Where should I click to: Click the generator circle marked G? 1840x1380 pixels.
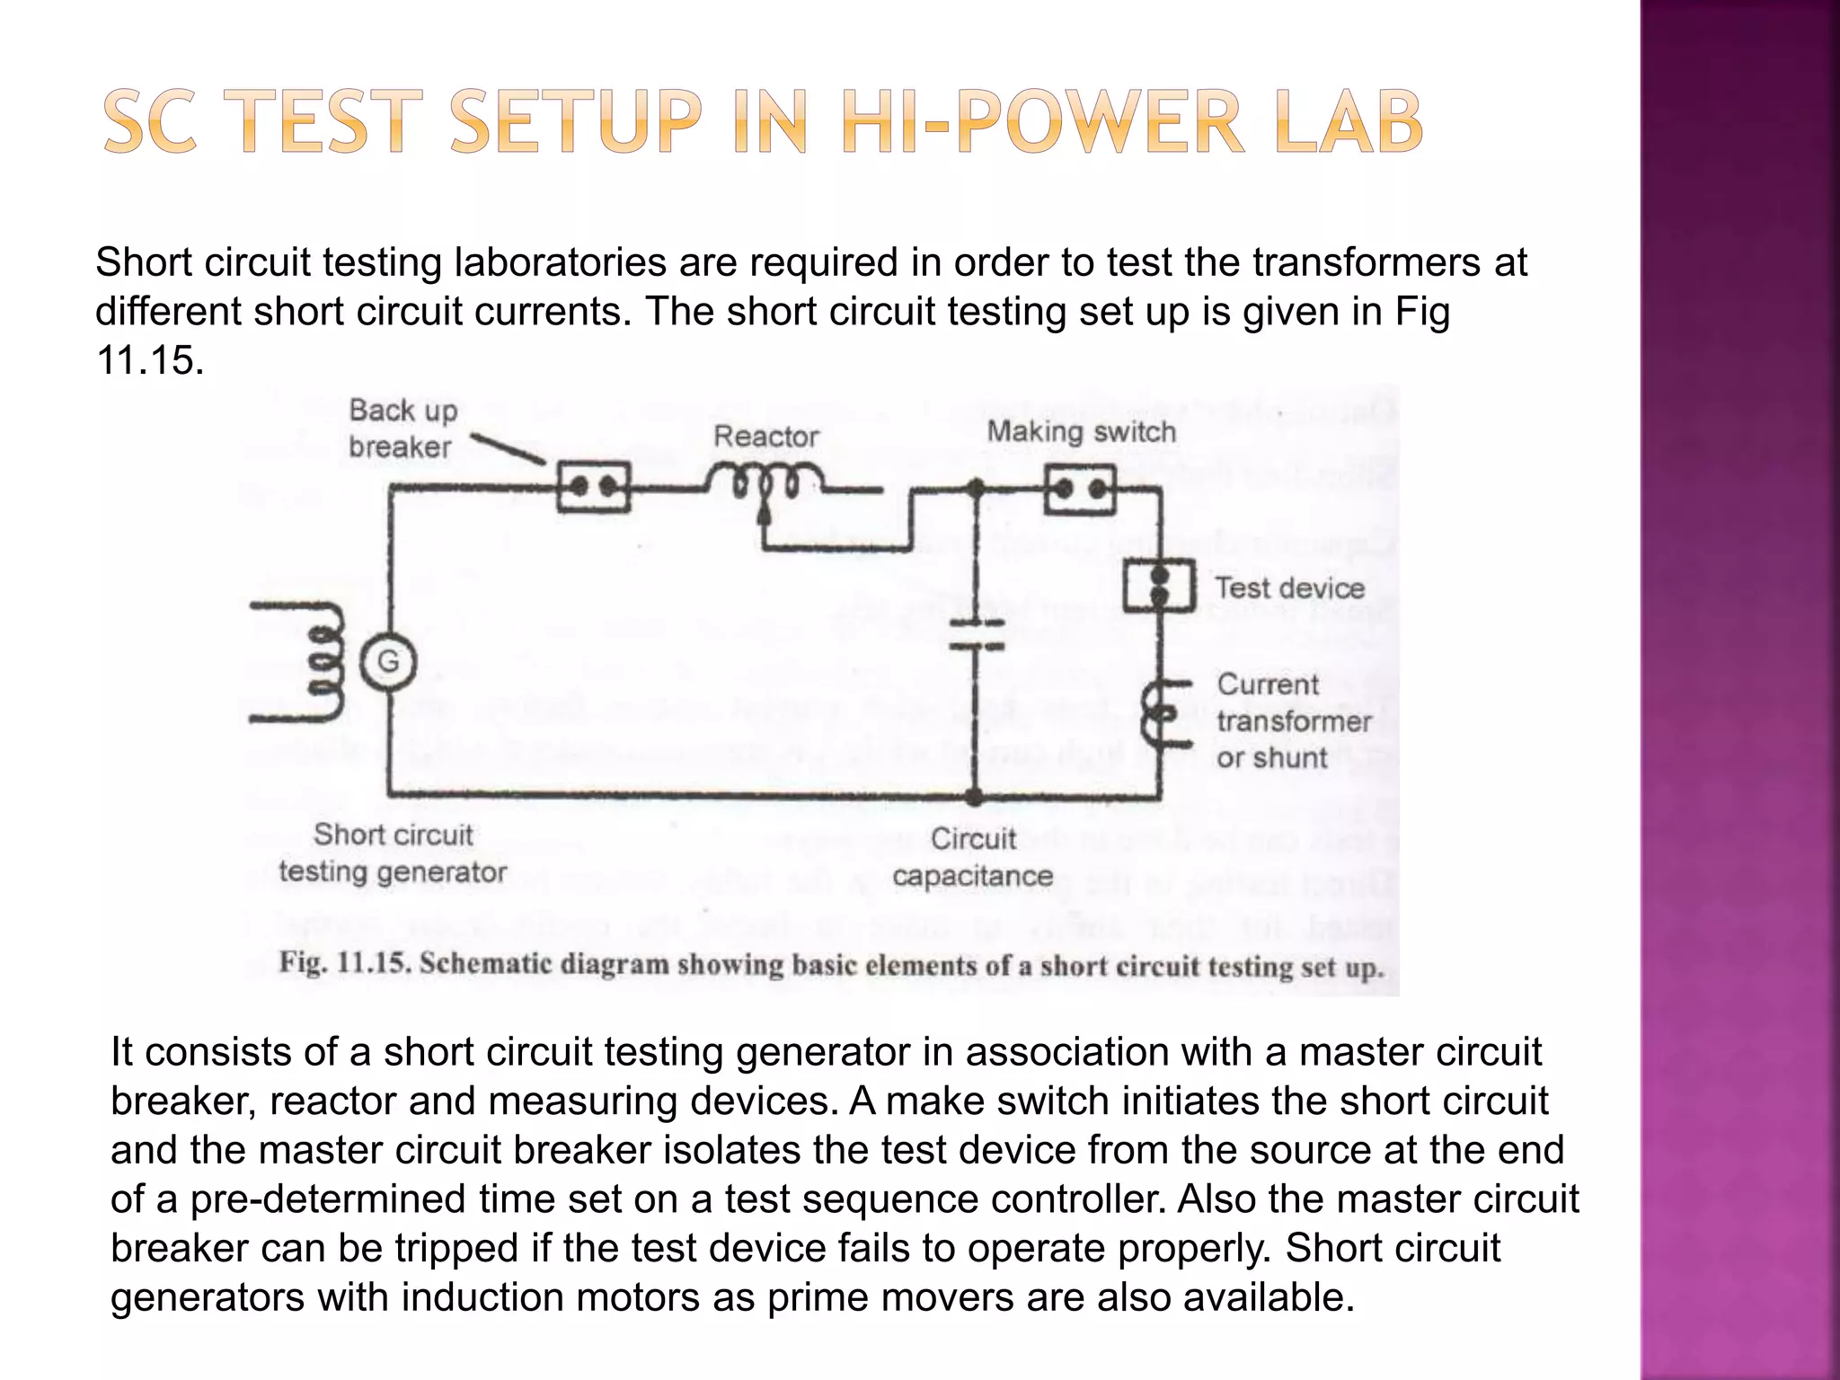(388, 663)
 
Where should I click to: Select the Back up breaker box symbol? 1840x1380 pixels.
(593, 487)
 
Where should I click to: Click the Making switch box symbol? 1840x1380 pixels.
(1080, 490)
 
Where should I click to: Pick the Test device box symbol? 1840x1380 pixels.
(1159, 585)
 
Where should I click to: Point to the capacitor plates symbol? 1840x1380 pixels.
(976, 633)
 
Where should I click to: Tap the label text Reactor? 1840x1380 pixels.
(765, 438)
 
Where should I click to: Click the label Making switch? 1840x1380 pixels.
(1081, 432)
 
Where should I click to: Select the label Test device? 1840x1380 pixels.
(1289, 588)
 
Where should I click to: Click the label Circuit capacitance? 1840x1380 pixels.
(973, 857)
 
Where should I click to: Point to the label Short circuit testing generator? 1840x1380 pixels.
(393, 854)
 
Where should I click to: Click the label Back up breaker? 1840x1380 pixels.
(402, 429)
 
